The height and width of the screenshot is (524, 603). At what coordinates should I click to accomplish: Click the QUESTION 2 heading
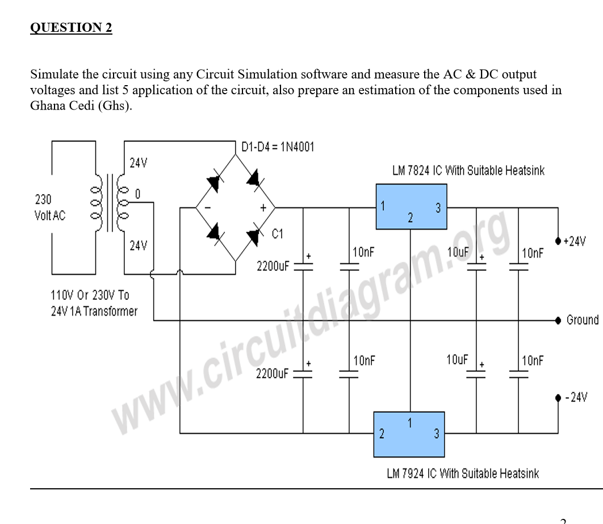point(71,28)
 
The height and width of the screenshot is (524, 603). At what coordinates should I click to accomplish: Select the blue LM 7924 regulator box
point(409,434)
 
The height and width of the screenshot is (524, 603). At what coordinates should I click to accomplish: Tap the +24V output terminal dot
point(558,241)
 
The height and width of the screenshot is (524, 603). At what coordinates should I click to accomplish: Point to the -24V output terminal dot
point(558,397)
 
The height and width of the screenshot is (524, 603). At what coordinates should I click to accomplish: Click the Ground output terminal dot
point(558,320)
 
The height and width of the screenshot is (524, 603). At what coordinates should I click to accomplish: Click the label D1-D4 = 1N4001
point(277,147)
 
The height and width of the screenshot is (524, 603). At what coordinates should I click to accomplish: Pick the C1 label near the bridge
point(278,233)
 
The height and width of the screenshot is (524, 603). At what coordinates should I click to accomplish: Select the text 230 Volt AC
point(49,207)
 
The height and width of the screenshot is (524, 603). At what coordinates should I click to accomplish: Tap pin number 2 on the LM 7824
point(410,217)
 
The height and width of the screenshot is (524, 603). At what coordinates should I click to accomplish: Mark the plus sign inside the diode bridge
point(263,208)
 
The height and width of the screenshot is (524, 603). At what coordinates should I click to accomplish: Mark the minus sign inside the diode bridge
point(208,208)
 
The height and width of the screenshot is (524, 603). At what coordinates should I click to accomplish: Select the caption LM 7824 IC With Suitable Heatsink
point(468,170)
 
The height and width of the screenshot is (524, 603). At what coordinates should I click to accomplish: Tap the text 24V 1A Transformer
point(94,311)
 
